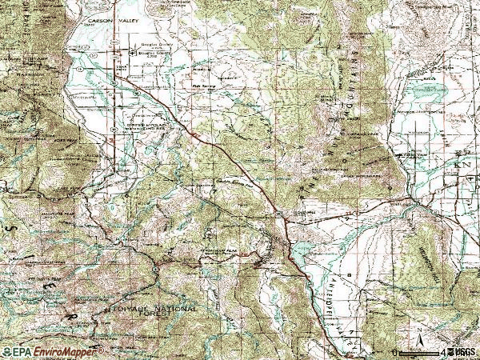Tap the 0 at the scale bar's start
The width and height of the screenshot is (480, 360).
tap(394, 352)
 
